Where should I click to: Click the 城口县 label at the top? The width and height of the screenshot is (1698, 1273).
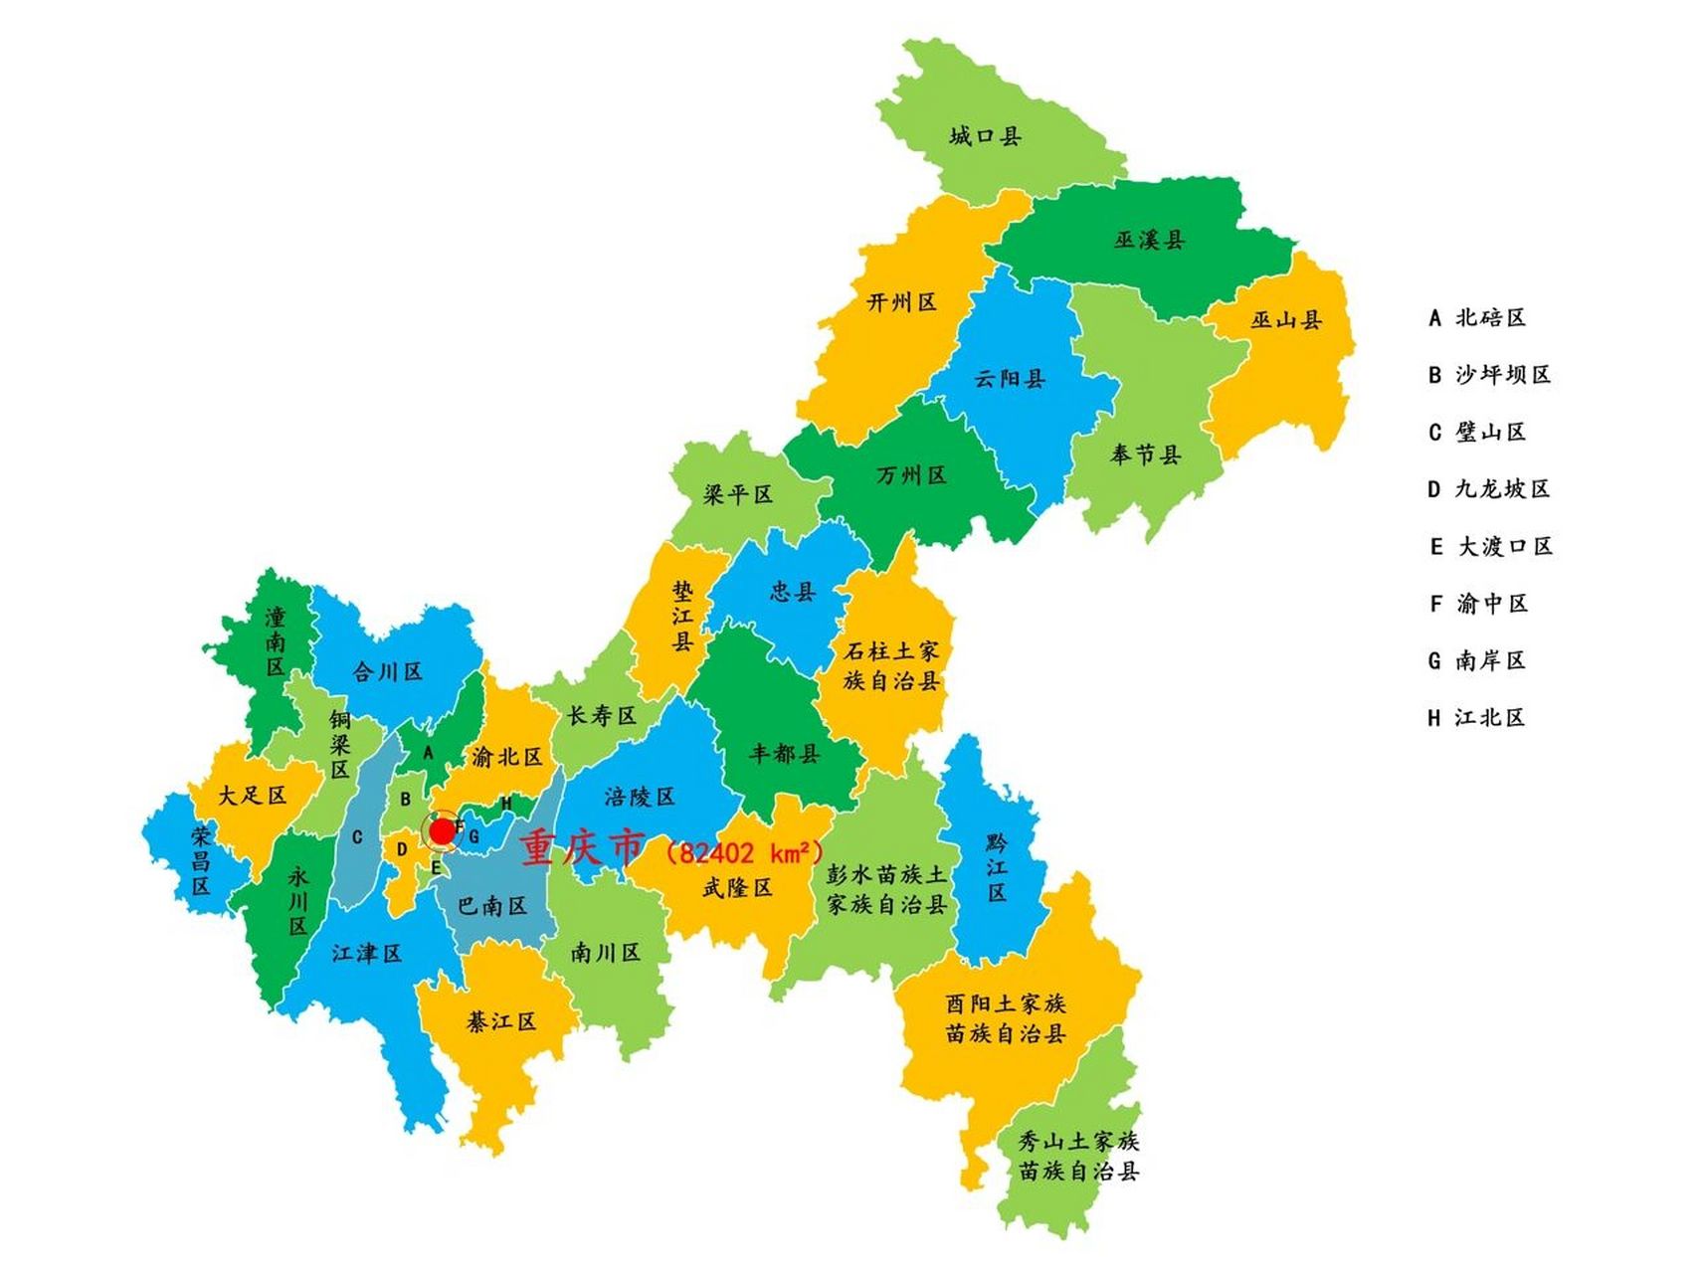985,136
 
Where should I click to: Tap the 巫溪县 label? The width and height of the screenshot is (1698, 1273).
1149,240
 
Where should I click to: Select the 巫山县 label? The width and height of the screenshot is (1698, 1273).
1286,320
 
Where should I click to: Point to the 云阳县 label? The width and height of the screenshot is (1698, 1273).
1010,378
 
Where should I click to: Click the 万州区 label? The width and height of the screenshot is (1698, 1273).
911,475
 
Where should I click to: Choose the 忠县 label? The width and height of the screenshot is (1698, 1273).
793,592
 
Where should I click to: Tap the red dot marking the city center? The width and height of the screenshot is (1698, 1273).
442,831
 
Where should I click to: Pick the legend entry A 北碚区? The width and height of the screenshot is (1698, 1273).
1477,318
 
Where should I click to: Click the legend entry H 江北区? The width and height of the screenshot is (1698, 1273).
1477,718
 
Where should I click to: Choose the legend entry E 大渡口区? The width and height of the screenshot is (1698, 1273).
1491,547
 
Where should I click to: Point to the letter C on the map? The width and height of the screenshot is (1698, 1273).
357,838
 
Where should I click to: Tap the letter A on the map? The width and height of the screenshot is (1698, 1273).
429,753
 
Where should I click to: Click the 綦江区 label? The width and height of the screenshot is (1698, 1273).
501,1021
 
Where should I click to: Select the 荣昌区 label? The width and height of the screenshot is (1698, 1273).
201,859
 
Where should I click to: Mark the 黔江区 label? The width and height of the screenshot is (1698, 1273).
997,867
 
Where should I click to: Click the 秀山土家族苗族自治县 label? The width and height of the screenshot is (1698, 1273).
1078,1156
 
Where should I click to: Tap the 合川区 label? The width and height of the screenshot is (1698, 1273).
388,672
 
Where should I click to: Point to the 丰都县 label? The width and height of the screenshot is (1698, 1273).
785,754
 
